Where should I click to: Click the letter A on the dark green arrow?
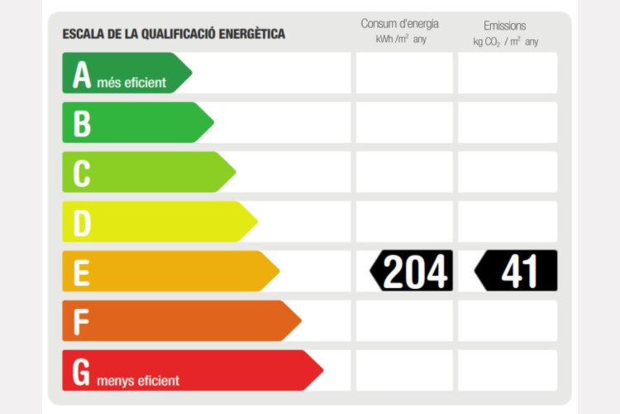pyautogui.click(x=81, y=75)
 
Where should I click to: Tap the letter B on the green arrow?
pyautogui.click(x=82, y=123)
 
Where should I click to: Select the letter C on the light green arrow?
pyautogui.click(x=82, y=173)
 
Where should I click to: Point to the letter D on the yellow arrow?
pyautogui.click(x=82, y=223)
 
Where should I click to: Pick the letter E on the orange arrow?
pyautogui.click(x=81, y=272)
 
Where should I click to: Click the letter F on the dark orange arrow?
pyautogui.click(x=81, y=321)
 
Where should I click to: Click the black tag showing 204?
pyautogui.click(x=412, y=271)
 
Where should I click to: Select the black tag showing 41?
pyautogui.click(x=517, y=271)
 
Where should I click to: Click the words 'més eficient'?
pyautogui.click(x=131, y=82)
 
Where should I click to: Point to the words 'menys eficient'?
pyautogui.click(x=138, y=381)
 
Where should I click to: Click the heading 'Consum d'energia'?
pyautogui.click(x=400, y=24)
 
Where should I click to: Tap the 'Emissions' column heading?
pyautogui.click(x=504, y=26)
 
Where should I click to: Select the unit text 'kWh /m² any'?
pyautogui.click(x=401, y=40)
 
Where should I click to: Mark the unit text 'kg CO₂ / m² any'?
pyautogui.click(x=505, y=41)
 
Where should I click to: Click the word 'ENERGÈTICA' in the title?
pyautogui.click(x=247, y=34)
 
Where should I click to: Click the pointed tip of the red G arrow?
pyautogui.click(x=322, y=370)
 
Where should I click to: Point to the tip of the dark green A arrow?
pyautogui.click(x=190, y=73)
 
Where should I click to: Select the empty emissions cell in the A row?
pyautogui.click(x=508, y=73)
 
